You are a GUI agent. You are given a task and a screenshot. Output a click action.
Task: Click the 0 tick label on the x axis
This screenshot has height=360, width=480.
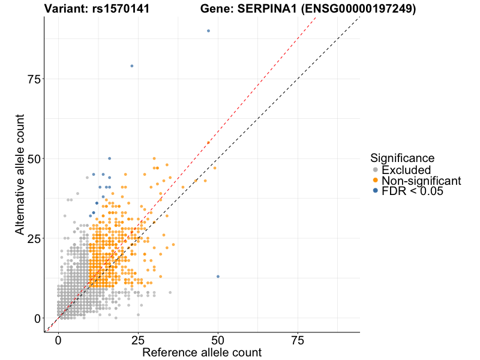point(58,340)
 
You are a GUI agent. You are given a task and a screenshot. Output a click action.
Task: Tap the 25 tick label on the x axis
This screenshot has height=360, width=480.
point(138,340)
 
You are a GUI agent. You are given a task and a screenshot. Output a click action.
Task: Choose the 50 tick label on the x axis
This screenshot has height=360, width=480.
point(218,340)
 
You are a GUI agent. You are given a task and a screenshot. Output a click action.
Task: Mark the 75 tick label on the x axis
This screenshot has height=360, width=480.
point(298,340)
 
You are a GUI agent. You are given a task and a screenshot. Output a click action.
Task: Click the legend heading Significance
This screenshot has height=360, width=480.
point(402,158)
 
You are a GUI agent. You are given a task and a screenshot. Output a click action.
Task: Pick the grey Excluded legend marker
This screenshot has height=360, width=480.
point(375,170)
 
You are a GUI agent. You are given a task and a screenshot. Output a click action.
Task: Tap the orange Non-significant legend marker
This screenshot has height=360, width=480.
point(375,180)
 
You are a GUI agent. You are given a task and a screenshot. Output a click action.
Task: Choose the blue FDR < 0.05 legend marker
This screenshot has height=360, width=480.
point(375,191)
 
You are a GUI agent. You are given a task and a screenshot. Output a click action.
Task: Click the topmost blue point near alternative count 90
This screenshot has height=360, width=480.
point(208,31)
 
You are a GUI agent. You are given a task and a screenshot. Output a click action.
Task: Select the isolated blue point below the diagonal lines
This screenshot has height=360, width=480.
point(218,277)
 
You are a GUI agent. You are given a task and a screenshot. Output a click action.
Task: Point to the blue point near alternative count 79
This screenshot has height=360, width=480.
point(132,66)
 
